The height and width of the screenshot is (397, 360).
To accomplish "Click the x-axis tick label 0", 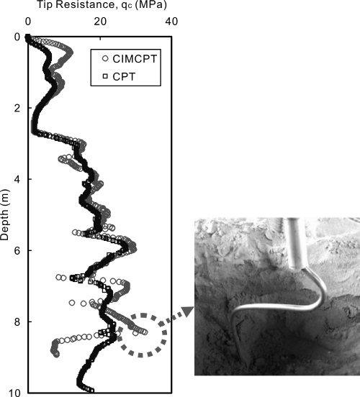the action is point(28,22).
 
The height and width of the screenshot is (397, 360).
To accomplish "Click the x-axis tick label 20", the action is point(100,22).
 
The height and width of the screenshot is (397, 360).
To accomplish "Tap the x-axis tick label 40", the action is point(171,22).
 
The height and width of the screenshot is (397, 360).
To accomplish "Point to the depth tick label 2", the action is point(17,109).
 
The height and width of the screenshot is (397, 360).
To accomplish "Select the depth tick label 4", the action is point(17,180).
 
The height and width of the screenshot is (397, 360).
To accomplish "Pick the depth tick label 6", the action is point(17,251).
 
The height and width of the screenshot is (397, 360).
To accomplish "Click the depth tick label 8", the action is point(17,322).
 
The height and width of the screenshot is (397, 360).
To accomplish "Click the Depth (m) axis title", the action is point(4,215).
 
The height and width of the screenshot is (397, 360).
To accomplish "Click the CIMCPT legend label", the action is point(135,59).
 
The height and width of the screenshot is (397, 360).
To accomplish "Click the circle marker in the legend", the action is point(105,59).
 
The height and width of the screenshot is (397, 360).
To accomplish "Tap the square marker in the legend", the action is point(105,76).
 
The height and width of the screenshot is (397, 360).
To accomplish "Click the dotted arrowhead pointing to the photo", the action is point(188,311).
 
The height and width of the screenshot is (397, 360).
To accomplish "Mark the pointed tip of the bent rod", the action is point(246,366).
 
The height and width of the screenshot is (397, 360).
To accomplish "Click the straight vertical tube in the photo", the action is point(295,243).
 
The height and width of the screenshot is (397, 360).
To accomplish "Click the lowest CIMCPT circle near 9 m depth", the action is point(56,355).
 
